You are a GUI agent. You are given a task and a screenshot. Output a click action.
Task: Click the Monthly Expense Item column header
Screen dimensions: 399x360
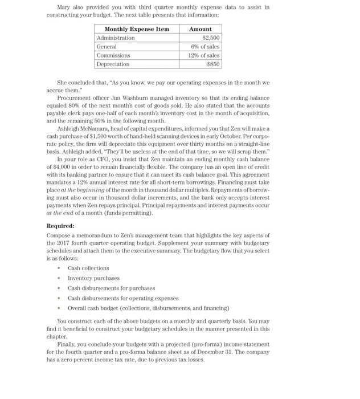coord(137,29)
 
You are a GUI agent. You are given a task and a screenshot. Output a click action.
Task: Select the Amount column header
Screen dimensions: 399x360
coord(201,29)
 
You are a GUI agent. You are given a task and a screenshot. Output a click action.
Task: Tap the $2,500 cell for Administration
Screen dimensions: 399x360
coord(211,38)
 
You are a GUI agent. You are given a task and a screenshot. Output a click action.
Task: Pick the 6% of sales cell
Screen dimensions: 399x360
coord(205,47)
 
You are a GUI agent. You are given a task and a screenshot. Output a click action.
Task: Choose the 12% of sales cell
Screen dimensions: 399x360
coord(204,55)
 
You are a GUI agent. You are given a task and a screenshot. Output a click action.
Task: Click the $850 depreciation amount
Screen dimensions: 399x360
coord(213,64)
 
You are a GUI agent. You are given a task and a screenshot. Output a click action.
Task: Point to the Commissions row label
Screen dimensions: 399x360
coord(113,55)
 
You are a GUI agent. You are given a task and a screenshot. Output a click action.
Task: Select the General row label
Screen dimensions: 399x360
coord(107,47)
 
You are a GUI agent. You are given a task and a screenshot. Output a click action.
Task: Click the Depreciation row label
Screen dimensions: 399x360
coord(113,64)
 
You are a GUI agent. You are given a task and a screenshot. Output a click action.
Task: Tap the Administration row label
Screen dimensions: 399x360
coord(116,38)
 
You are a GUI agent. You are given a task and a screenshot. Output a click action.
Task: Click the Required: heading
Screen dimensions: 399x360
coord(60,226)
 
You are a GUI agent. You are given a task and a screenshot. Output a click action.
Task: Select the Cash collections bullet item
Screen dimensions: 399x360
coord(88,268)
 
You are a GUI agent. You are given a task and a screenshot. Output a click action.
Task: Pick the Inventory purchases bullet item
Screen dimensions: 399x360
coord(93,278)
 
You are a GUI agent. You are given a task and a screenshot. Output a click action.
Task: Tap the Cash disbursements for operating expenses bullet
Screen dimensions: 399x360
coord(123,298)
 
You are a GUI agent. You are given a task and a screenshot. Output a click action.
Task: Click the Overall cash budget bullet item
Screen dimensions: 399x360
coord(148,308)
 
